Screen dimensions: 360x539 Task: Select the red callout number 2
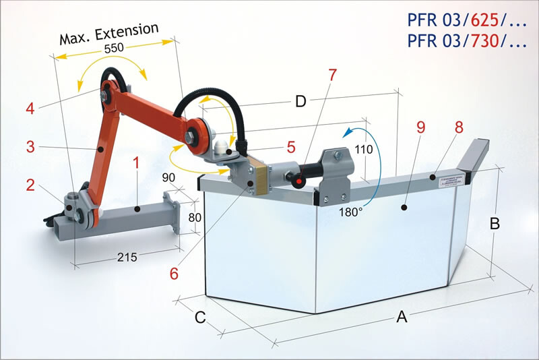pos(30,185)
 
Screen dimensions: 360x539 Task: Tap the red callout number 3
pos(30,146)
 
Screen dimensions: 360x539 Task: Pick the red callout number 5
pos(290,146)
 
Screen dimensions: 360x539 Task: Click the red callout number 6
pos(174,273)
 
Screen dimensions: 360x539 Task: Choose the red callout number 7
pos(331,75)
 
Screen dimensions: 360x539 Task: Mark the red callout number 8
pos(459,126)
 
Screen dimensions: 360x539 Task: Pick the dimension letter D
pos(301,102)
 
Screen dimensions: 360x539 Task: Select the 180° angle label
pos(350,210)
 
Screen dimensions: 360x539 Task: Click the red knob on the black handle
pos(295,179)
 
